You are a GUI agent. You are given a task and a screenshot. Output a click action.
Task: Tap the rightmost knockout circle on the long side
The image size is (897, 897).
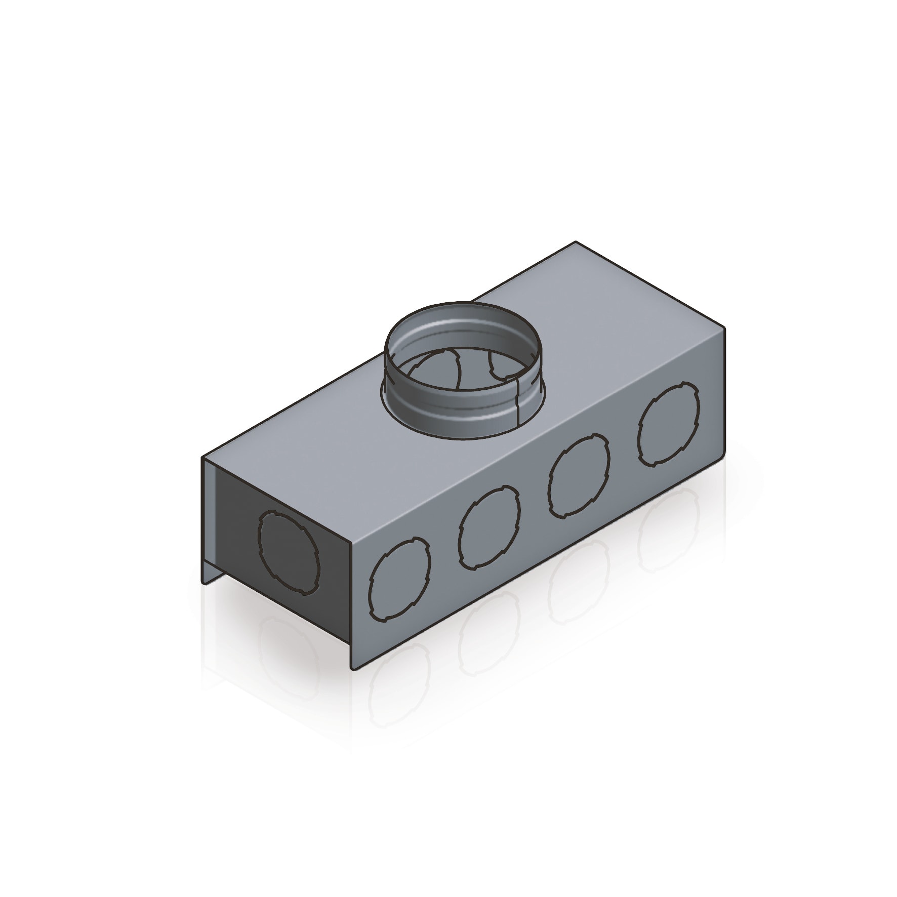[x=668, y=424]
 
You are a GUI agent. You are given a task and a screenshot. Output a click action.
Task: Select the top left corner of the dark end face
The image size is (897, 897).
[x=203, y=457]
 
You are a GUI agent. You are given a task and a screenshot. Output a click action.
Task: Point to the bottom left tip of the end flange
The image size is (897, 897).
[x=203, y=584]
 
